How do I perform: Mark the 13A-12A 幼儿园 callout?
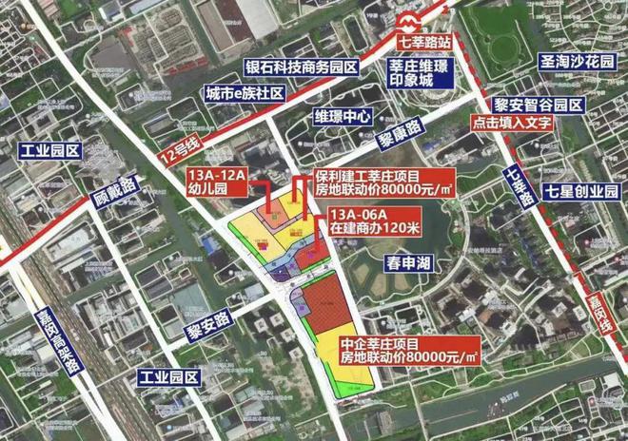(x=217, y=181)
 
